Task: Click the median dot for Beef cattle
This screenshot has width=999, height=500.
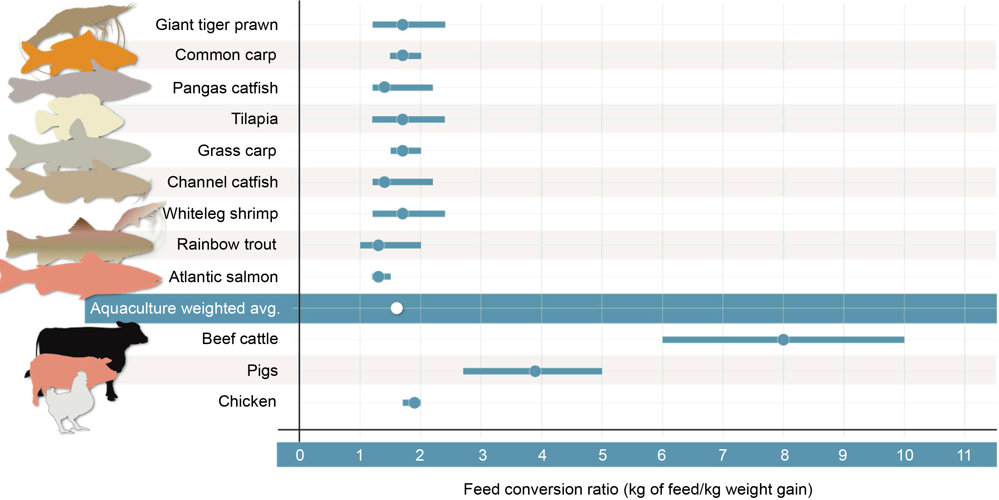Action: pos(783,339)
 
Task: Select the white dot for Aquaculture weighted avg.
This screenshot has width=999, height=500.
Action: pos(396,308)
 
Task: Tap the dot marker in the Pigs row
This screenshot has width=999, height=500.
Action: pos(535,371)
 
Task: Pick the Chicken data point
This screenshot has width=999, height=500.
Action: pos(414,403)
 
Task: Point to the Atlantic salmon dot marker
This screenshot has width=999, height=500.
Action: pos(378,276)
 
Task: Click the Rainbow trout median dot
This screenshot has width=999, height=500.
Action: pos(378,245)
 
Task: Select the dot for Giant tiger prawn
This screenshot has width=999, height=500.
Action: pos(402,25)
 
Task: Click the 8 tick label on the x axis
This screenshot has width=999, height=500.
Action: pos(784,455)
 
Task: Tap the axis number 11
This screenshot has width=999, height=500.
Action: pos(964,455)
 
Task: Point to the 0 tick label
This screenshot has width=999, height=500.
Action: pos(300,455)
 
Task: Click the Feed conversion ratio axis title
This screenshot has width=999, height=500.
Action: pos(638,489)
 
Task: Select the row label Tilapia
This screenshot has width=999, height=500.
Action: pos(254,119)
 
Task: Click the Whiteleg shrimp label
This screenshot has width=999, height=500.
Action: pos(220,213)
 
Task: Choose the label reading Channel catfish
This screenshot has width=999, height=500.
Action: pos(222,182)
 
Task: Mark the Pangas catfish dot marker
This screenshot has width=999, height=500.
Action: pos(384,87)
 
